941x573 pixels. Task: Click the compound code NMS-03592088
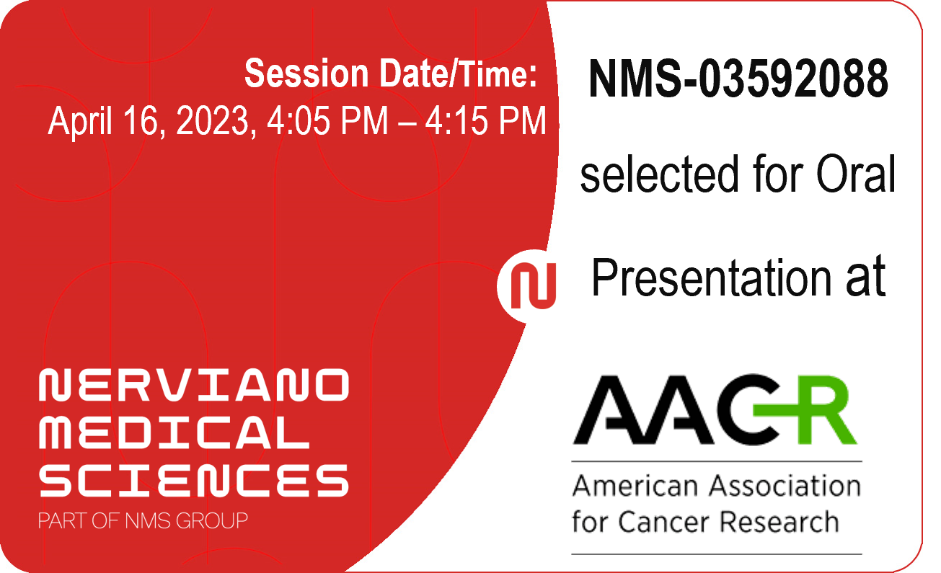[x=738, y=79]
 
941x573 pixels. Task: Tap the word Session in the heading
[x=306, y=74]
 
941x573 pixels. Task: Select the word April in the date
[x=80, y=121]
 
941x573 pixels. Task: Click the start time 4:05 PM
[x=327, y=121]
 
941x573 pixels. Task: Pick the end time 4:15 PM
[x=485, y=121]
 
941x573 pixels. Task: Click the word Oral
[x=856, y=174]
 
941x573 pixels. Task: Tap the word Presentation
[x=711, y=277]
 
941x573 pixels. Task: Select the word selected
[x=659, y=174]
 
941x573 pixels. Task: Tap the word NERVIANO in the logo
[x=194, y=384]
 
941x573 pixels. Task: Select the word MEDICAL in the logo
[x=174, y=432]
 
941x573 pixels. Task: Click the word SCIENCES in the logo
[x=194, y=481]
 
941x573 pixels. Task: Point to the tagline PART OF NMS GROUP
[x=143, y=521]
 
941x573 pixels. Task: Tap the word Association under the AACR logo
[x=785, y=486]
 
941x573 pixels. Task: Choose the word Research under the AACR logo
[x=779, y=522]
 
